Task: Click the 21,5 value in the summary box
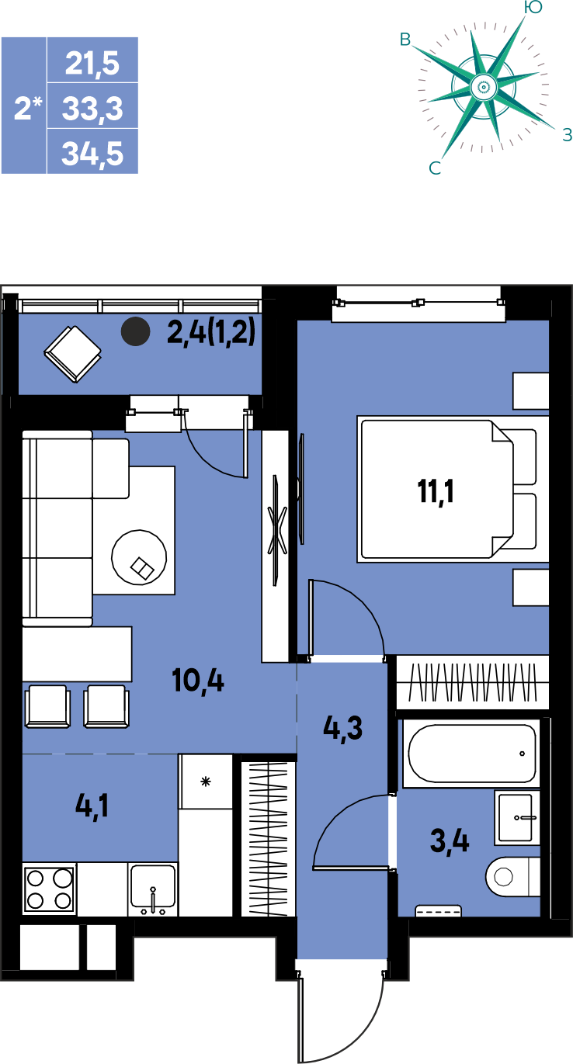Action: [x=92, y=63]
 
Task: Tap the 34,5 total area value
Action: [x=92, y=154]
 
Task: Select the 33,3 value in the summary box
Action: [x=92, y=109]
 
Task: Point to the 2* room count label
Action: [x=28, y=108]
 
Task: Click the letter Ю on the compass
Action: [x=533, y=7]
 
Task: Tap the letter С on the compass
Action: [x=435, y=168]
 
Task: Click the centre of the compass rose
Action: [x=483, y=87]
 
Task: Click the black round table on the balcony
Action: [x=135, y=331]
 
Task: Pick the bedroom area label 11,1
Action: [x=436, y=491]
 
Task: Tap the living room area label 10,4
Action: [x=198, y=681]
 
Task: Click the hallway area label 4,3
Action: [x=342, y=728]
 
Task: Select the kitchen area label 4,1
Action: [x=92, y=806]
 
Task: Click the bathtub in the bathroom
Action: [x=471, y=754]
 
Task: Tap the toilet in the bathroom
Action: [x=513, y=876]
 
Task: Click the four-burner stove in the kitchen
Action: [x=50, y=889]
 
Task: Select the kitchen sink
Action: [x=152, y=889]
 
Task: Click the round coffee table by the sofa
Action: [x=139, y=557]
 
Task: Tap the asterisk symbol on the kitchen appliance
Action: [x=205, y=782]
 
